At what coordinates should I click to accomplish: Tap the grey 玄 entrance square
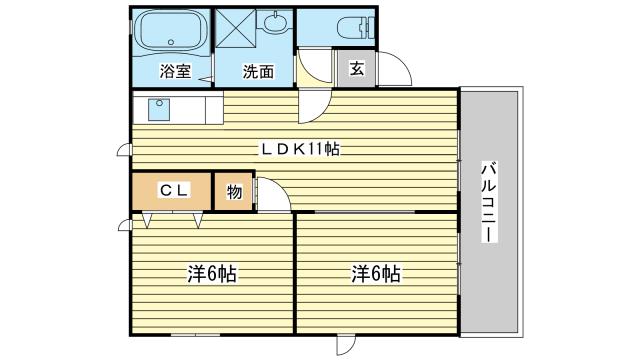pyautogui.click(x=355, y=67)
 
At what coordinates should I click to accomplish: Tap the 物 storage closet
pyautogui.click(x=233, y=191)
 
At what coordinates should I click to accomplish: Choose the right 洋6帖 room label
pyautogui.click(x=376, y=273)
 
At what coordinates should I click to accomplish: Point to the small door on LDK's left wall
pyautogui.click(x=123, y=151)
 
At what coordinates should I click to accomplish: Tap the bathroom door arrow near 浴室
pyautogui.click(x=206, y=78)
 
